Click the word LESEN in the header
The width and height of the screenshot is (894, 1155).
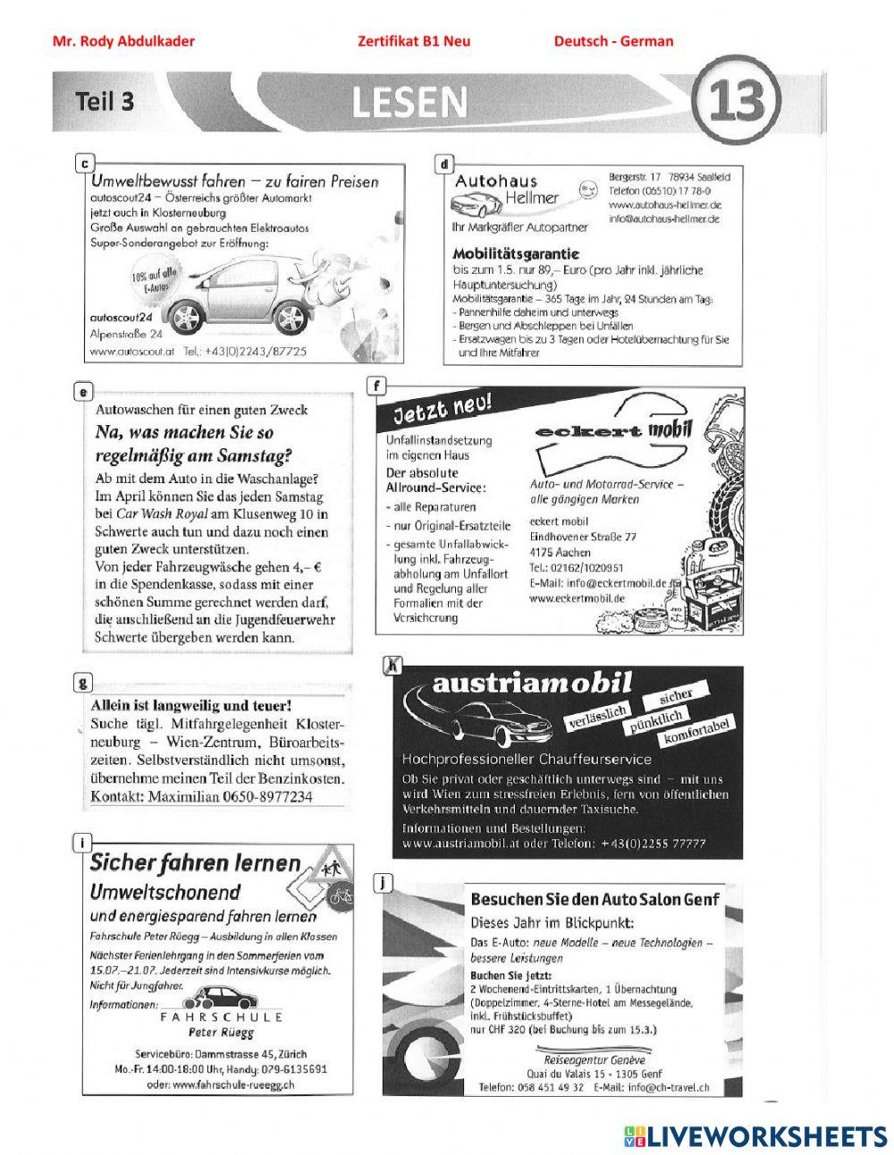coord(409,103)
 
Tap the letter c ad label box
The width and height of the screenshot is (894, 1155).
coord(83,163)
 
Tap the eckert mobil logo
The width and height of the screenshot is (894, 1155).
coord(614,431)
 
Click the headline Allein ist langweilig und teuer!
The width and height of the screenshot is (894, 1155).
coord(192,705)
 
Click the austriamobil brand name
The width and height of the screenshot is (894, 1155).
coord(532,684)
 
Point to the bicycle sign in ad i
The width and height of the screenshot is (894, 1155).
coord(340,893)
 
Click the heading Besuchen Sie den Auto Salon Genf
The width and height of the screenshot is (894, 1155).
coord(595,898)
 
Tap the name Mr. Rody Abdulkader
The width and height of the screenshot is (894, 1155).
coord(123,41)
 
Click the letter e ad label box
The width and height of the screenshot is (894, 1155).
coord(82,390)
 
